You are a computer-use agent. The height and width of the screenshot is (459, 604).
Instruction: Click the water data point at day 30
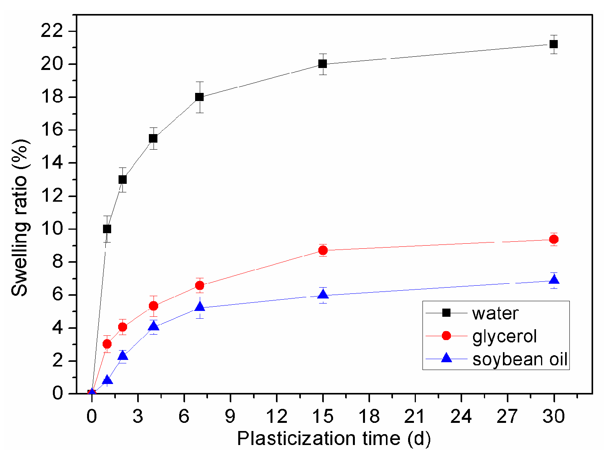554,44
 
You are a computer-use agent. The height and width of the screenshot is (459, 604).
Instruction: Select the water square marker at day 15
323,64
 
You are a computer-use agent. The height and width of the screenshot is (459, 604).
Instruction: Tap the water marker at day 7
199,97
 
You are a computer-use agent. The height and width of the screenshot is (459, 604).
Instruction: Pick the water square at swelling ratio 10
107,229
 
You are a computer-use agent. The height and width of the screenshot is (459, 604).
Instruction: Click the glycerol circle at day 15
323,250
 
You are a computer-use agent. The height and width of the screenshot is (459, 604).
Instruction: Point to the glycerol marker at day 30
554,239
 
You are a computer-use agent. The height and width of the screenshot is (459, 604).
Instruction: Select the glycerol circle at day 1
107,344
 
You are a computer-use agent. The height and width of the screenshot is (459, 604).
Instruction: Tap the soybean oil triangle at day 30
554,280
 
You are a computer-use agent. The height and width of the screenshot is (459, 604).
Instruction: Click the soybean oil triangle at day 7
199,307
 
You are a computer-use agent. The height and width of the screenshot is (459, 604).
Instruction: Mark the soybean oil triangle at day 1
107,380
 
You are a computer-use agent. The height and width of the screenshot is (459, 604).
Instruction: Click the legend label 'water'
495,313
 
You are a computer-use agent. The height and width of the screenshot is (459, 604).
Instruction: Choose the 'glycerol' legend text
504,336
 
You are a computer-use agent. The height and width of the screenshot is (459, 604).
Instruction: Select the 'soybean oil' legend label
520,359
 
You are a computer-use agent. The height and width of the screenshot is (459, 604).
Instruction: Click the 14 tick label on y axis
54,163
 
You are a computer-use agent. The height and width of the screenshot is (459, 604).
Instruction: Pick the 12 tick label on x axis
276,417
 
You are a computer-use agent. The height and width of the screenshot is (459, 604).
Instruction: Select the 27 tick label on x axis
508,417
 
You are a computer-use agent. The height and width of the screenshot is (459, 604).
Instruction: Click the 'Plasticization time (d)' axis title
334,439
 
